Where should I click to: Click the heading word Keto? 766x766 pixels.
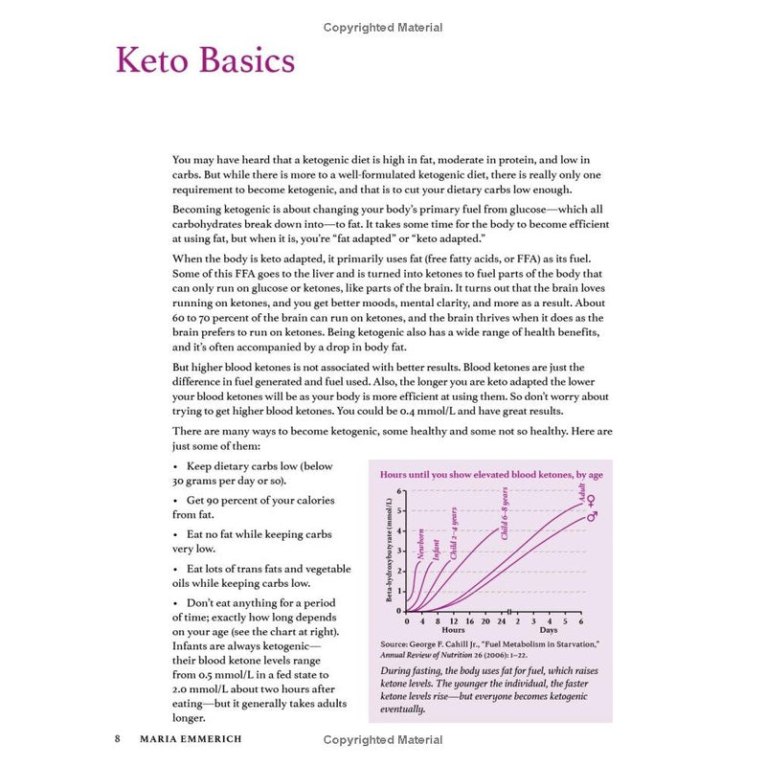point(154,60)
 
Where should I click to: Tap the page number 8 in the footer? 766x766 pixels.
point(118,739)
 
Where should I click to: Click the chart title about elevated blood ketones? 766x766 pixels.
point(491,475)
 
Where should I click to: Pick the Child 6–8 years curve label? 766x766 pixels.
point(505,513)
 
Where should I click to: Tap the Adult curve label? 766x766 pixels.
point(581,495)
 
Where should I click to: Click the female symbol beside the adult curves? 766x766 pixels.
point(592,501)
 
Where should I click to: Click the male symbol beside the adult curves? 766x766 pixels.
point(592,516)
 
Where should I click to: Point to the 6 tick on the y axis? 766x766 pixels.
point(402,491)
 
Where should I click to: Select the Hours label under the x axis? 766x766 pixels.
point(453,631)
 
